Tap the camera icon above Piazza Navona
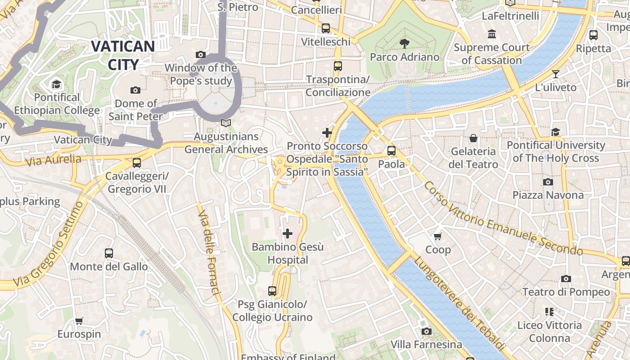(x=548, y=182)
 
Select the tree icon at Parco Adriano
(x=404, y=44)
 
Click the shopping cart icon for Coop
(x=437, y=236)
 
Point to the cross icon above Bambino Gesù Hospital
(x=288, y=234)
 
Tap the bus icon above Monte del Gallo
(x=109, y=253)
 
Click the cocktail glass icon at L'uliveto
(x=556, y=74)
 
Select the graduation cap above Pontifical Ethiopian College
(x=56, y=84)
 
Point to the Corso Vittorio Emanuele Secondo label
(x=503, y=219)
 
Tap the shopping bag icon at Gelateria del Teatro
(x=473, y=138)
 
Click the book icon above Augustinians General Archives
(x=226, y=123)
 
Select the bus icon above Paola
(x=391, y=151)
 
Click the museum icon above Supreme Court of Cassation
(x=491, y=34)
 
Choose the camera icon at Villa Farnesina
(x=426, y=332)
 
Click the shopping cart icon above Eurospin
(x=79, y=321)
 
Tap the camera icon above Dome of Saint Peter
(x=135, y=90)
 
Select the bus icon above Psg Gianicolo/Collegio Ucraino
(x=272, y=291)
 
